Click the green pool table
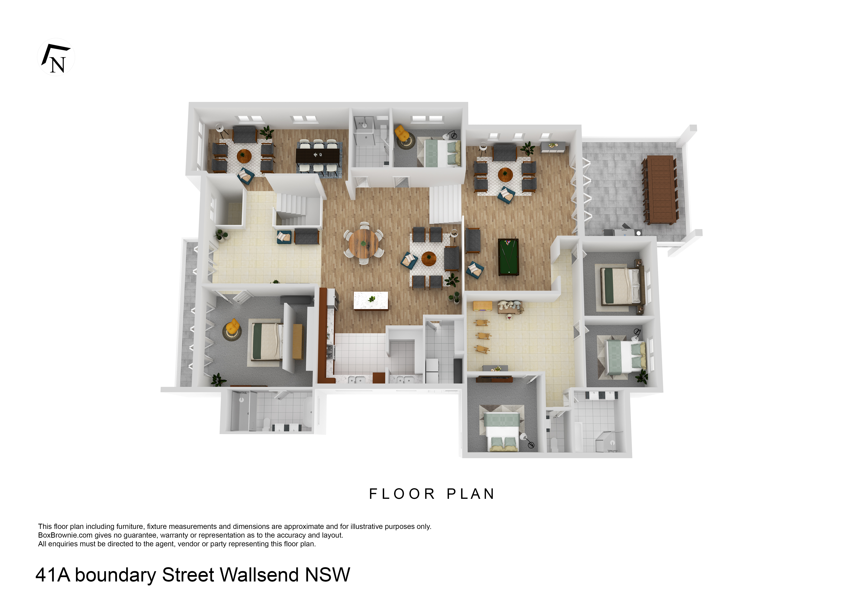[x=508, y=257]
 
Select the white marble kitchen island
[x=371, y=301]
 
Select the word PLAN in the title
[x=471, y=494]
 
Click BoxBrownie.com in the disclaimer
[x=65, y=535]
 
